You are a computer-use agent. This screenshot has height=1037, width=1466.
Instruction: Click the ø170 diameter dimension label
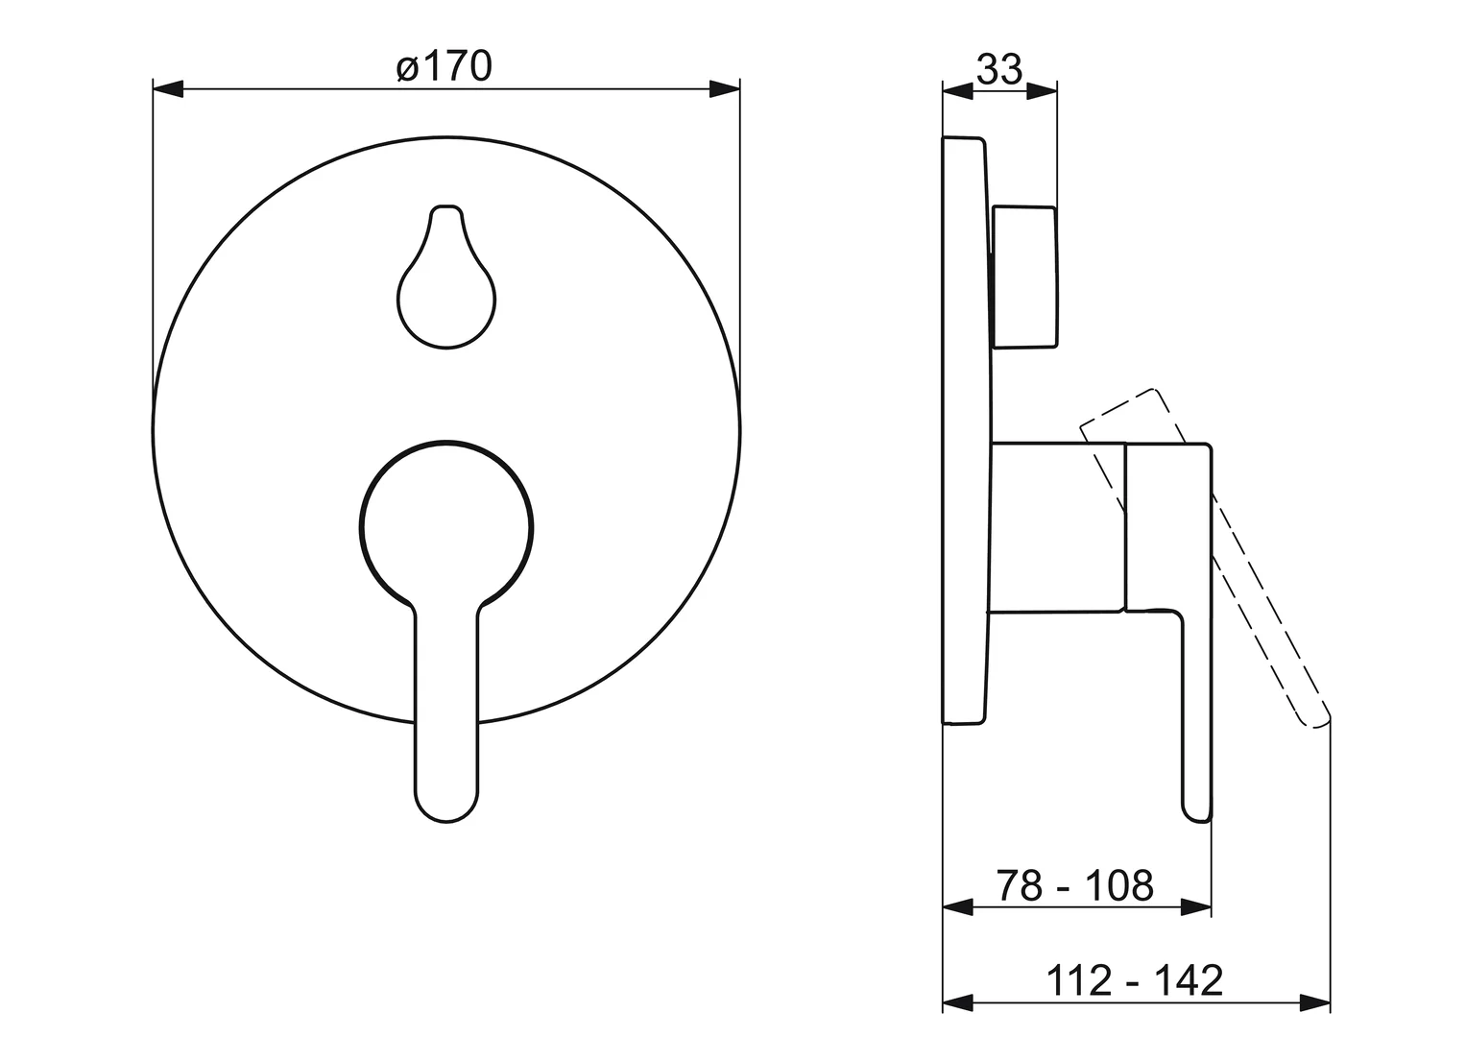[445, 67]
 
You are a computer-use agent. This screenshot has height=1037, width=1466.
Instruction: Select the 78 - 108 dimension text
[1074, 885]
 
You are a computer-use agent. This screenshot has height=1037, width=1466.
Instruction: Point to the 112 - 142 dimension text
[1135, 980]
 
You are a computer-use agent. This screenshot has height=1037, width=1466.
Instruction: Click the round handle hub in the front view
[446, 528]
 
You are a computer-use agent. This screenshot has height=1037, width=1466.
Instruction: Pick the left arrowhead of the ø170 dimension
[168, 89]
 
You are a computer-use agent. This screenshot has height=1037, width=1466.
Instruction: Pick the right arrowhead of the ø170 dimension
[725, 89]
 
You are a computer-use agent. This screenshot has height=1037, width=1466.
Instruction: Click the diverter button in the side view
[1024, 277]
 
